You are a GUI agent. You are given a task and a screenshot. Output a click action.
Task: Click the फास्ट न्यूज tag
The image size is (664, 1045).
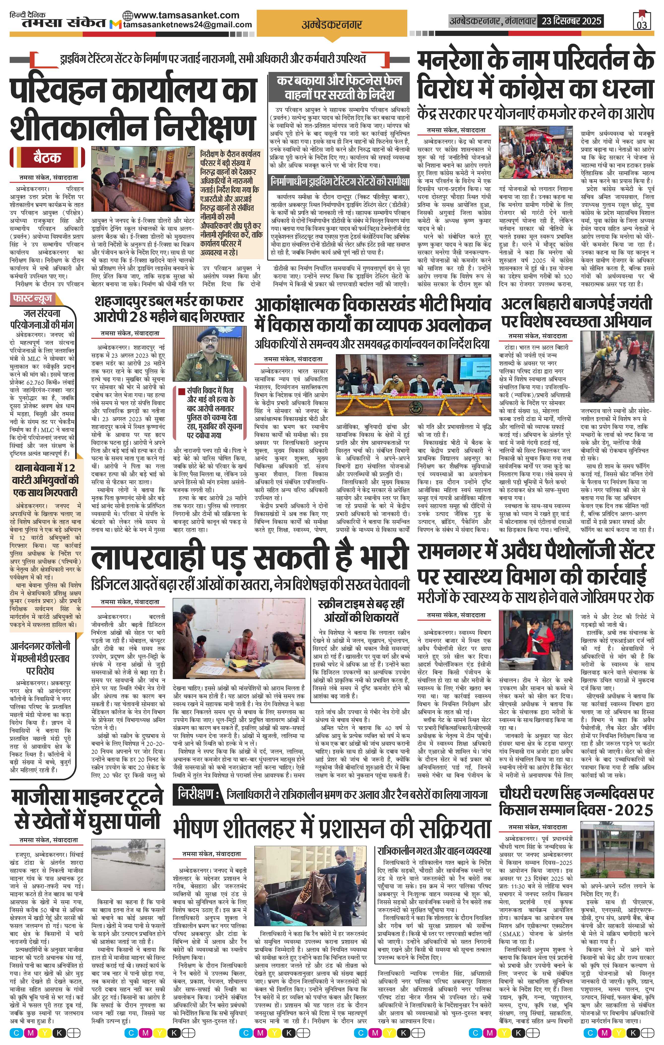click(x=33, y=299)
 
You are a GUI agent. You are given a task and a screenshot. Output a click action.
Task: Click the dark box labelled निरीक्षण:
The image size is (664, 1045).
click(x=198, y=794)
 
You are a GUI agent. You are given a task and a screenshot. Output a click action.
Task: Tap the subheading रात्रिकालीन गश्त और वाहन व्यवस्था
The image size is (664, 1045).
click(x=434, y=850)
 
